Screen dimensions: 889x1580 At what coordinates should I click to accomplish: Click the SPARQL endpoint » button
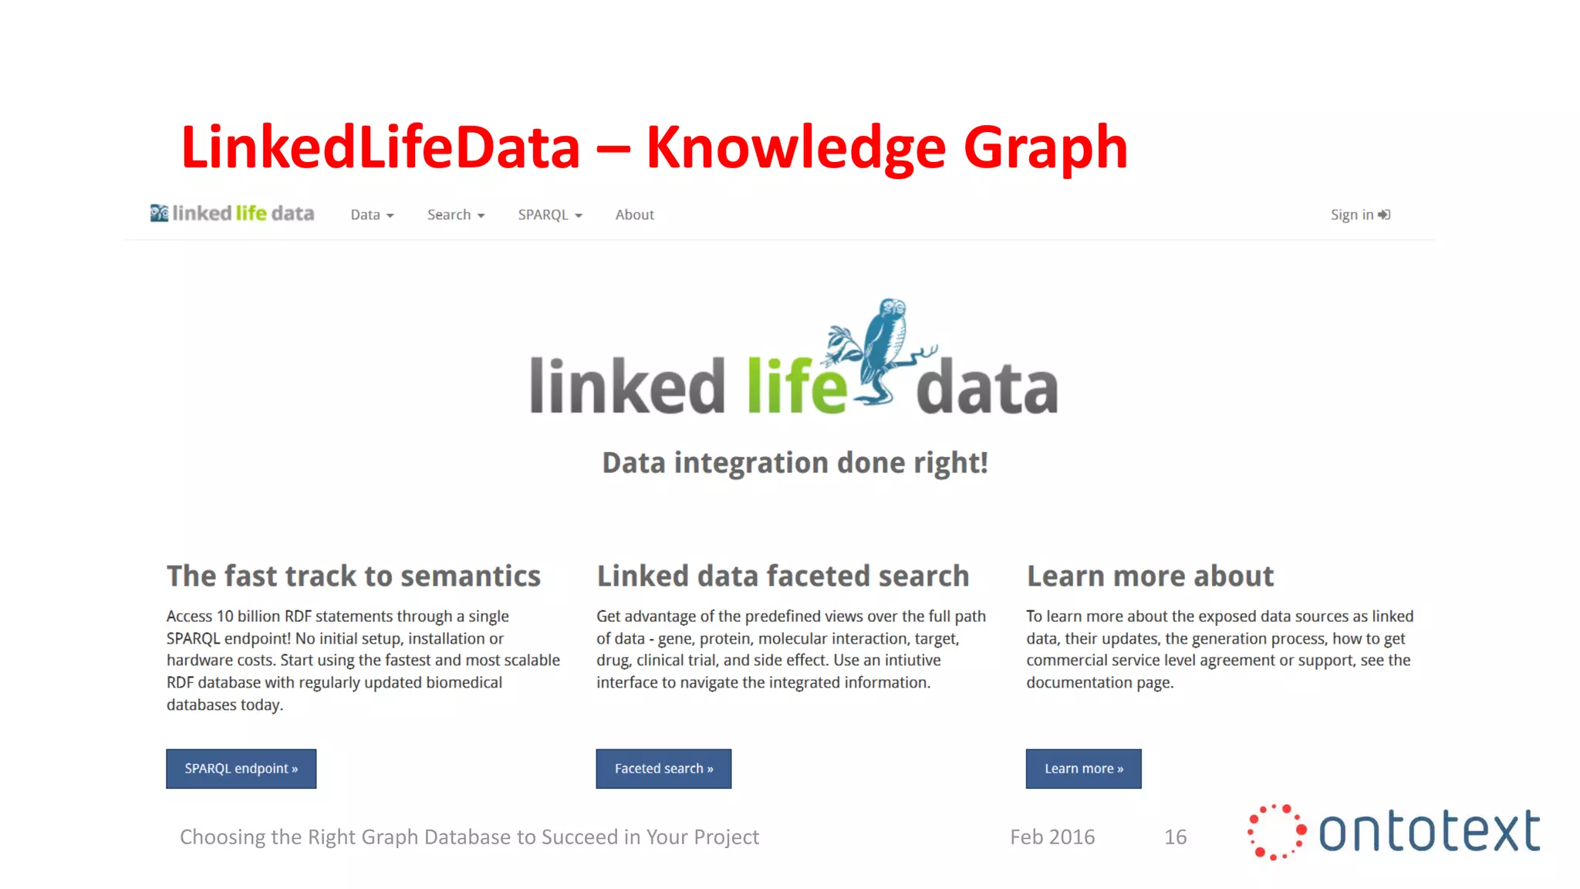[241, 769]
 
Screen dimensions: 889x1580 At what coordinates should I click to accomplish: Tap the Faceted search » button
[663, 769]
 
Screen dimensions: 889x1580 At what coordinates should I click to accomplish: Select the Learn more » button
[1083, 769]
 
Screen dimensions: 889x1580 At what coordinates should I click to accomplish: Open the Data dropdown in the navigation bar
[372, 215]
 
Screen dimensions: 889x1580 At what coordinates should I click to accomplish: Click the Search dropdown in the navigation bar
[456, 215]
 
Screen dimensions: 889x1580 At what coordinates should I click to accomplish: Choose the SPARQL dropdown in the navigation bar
[550, 215]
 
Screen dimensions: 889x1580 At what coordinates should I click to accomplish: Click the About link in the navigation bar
[634, 215]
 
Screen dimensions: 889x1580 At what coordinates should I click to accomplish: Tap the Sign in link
[1359, 215]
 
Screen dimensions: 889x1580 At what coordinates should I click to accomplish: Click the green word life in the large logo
[796, 386]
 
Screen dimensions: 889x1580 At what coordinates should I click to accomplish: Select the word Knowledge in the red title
[795, 147]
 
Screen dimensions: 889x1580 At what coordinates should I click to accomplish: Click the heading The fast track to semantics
[353, 576]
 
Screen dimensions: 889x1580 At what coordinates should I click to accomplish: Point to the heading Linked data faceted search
[782, 576]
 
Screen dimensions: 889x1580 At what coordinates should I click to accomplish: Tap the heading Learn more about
[1150, 576]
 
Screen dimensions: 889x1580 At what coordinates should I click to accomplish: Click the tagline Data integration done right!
[795, 463]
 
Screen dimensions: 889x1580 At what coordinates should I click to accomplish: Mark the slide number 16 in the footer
[1175, 837]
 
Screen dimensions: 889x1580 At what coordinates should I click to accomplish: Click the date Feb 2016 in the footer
[1052, 837]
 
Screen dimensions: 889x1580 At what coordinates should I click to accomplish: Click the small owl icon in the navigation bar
[159, 213]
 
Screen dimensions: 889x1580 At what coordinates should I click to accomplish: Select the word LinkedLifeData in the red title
[380, 147]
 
